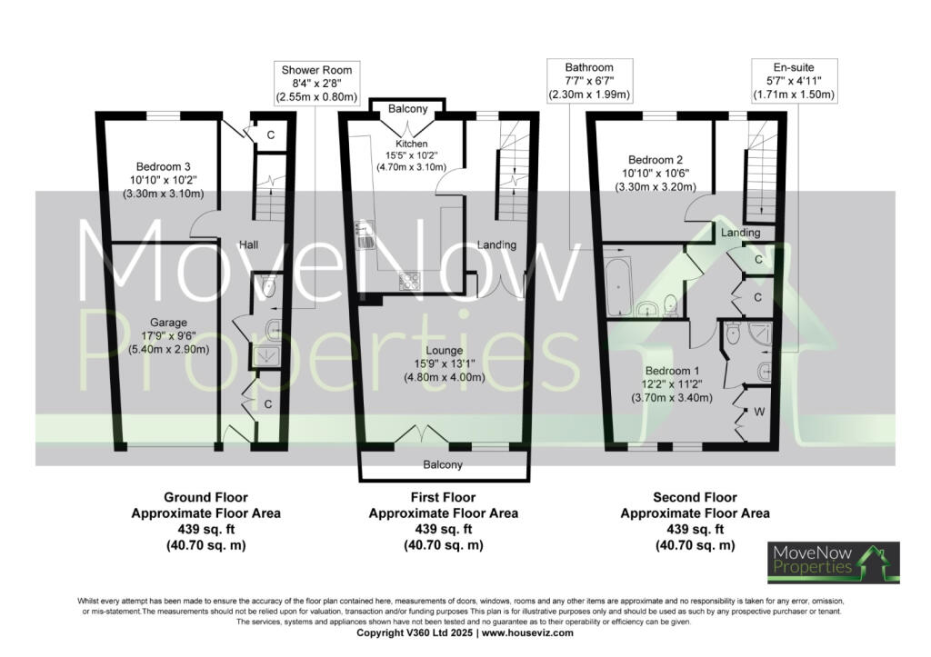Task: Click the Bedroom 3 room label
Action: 163,180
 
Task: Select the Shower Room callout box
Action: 316,83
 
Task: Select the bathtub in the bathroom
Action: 617,281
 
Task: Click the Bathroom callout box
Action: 589,81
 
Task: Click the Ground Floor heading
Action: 205,498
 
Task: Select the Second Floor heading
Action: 695,498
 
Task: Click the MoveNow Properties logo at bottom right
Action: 834,562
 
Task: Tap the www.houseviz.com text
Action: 528,632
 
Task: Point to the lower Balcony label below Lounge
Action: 443,465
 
